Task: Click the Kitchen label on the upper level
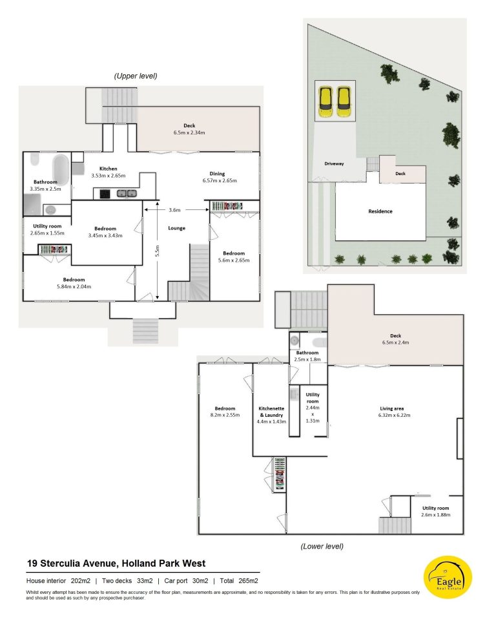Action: tap(108, 169)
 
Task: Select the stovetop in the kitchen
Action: tap(105, 194)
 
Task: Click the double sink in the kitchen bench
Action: tap(127, 193)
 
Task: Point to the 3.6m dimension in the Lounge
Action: tap(174, 210)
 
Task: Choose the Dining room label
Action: tap(217, 174)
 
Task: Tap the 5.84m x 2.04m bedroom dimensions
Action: tap(74, 286)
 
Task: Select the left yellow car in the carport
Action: tap(325, 101)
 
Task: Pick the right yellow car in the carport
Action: tap(344, 101)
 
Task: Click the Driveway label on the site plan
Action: tap(334, 164)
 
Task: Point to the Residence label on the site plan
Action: tap(380, 211)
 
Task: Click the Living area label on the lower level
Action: tap(391, 408)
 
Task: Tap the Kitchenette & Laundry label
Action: tap(271, 412)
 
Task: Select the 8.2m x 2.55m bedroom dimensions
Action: tap(225, 415)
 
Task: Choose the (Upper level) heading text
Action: tap(136, 76)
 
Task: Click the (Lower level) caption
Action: tap(322, 546)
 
